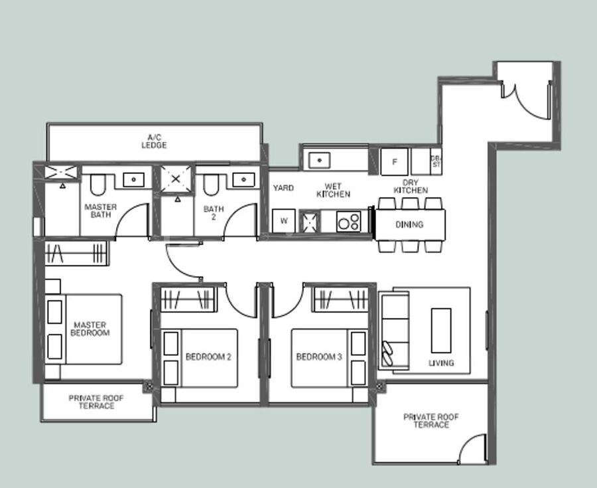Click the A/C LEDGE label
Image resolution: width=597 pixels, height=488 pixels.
coord(154,141)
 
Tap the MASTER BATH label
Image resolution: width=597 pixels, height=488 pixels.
coord(101,210)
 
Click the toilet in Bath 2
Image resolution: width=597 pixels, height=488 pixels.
coord(210,185)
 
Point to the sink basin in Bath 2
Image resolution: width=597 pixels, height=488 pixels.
coord(243,179)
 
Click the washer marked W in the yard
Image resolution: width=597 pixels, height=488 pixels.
coord(284,220)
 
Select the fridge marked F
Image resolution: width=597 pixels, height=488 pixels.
coord(394,162)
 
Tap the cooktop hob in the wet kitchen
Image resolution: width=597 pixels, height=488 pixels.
coord(348,221)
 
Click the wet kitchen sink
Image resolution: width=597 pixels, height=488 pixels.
coord(319,161)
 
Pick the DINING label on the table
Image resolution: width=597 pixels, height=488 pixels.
coord(409,224)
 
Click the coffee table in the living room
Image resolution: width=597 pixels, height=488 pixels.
coord(441,330)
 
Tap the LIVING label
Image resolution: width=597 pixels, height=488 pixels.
coord(441,363)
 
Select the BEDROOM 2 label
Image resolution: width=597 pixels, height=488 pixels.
coord(208,357)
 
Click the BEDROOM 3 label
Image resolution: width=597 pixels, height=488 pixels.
coord(319,357)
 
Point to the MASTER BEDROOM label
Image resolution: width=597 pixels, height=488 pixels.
coord(90,329)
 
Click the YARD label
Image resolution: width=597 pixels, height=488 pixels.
coord(283,188)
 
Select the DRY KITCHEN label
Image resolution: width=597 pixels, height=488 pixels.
coord(411,187)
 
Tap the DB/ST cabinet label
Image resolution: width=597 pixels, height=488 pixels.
coord(436,161)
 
